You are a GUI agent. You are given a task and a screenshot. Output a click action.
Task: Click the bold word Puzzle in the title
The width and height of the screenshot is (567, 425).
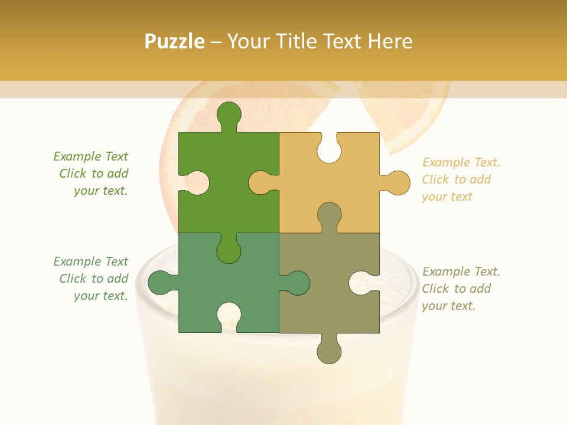(175, 41)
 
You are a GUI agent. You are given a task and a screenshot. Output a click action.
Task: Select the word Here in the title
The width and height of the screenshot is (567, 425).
(389, 41)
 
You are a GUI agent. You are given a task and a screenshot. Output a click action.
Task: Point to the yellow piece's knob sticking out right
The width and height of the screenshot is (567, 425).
(396, 182)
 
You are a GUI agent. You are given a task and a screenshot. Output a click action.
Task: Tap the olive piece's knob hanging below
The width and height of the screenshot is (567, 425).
(329, 351)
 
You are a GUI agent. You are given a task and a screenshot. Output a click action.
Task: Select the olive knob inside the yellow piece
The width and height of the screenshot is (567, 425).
(329, 215)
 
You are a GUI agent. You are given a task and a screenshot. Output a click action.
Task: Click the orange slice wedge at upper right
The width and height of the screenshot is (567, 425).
(408, 115)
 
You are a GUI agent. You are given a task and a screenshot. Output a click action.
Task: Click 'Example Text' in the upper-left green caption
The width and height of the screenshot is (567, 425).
(90, 156)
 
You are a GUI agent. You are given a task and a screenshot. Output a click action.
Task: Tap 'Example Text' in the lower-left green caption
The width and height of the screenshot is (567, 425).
(90, 261)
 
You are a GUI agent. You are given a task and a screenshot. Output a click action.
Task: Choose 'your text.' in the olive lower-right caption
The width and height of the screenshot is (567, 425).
(448, 306)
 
